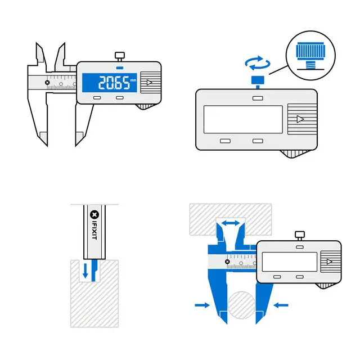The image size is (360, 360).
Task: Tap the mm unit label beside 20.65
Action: coord(133,80)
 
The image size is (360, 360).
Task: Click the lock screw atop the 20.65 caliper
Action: coord(119,56)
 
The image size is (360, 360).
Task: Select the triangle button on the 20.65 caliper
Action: coord(148,83)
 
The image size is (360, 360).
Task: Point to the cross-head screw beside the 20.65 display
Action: coord(47,82)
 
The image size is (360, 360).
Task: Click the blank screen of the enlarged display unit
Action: coord(242,119)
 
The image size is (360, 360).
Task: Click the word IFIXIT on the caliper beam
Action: coord(94,235)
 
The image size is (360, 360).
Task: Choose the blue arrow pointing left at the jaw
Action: coord(281,305)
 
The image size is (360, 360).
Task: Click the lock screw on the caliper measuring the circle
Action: coord(299,235)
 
